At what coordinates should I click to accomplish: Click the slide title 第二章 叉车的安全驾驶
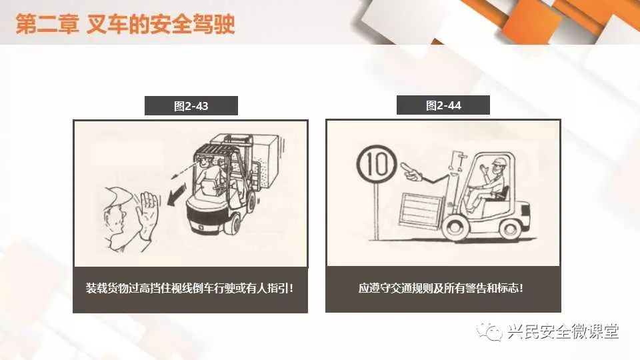point(125,24)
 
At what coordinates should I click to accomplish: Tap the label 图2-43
point(191,106)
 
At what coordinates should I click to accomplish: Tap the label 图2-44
point(443,106)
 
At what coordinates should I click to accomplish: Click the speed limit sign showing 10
point(376,165)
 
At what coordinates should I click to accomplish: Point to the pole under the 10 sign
point(376,212)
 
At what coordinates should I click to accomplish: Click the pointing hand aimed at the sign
point(412,172)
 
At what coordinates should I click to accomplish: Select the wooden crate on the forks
point(421,211)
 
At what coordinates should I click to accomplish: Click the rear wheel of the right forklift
point(511,229)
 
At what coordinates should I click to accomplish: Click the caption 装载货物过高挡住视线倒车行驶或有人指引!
point(190,288)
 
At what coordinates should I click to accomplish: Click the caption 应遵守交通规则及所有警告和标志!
point(441,288)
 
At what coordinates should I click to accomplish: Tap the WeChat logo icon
point(489,331)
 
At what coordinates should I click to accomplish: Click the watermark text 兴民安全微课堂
point(563,331)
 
